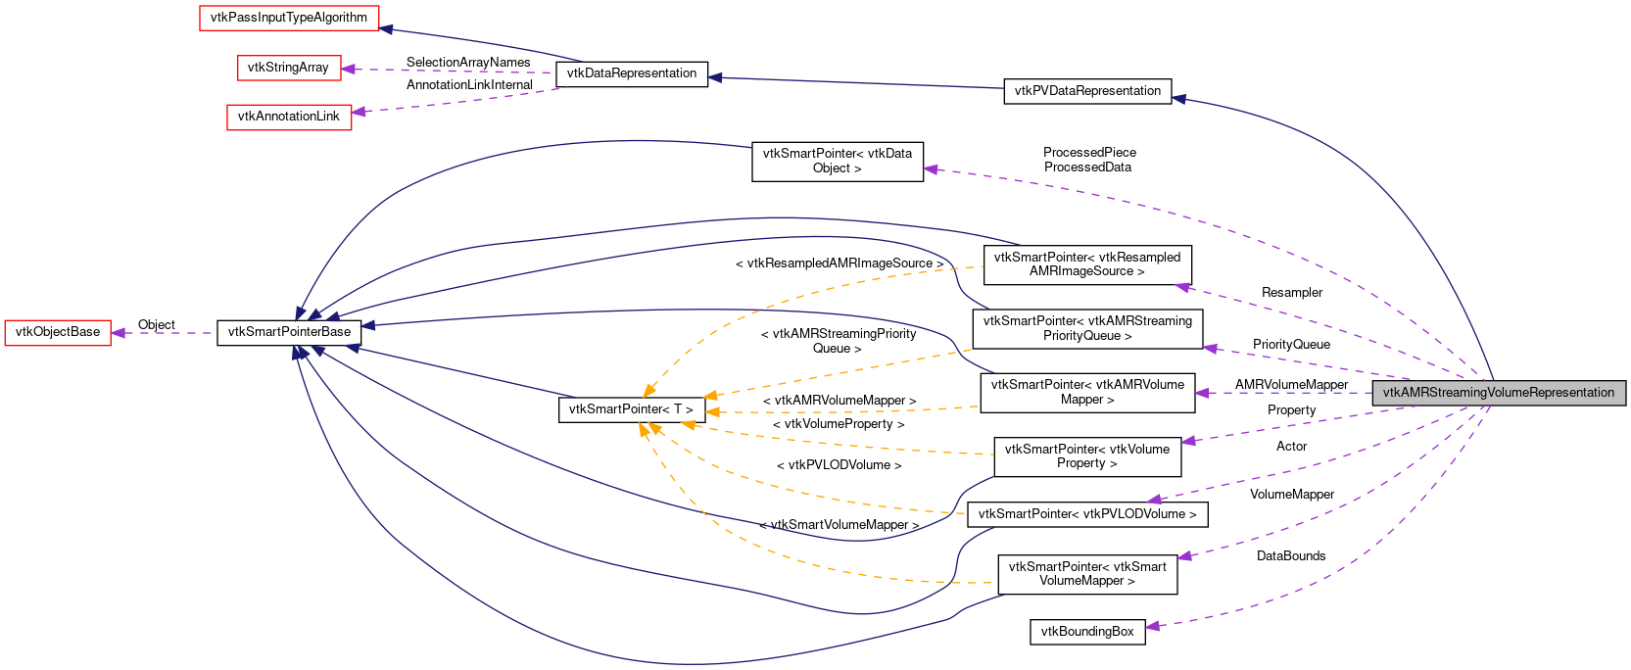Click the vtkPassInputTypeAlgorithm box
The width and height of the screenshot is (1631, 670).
pos(289,18)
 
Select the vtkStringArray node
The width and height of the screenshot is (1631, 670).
pos(288,68)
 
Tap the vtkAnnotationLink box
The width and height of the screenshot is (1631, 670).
pos(289,117)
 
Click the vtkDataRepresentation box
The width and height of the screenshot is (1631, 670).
pos(632,73)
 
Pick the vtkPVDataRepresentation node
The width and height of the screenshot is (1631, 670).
pos(1087,91)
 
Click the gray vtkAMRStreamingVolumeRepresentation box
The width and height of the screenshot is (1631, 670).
pos(1499,393)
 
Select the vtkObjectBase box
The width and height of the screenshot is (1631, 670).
pos(58,332)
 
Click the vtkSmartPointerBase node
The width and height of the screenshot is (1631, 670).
pos(289,332)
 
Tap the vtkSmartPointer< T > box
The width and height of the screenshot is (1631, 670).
pos(631,409)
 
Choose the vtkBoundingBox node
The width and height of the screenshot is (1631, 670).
pos(1087,632)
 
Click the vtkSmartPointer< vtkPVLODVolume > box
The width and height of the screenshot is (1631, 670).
pos(1087,514)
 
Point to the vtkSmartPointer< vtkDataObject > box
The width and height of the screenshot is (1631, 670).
pos(838,161)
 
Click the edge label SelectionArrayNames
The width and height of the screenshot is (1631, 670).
pos(468,63)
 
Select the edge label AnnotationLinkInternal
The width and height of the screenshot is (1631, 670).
pos(469,85)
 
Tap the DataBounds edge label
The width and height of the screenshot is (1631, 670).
pos(1291,556)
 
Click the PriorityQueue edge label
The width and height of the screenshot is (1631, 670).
pos(1291,345)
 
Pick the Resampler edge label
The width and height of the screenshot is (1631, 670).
pos(1291,293)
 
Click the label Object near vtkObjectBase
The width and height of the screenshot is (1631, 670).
pos(157,325)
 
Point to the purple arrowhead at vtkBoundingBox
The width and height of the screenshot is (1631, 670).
pos(1153,626)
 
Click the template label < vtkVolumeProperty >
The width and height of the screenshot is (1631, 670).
pos(839,424)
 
